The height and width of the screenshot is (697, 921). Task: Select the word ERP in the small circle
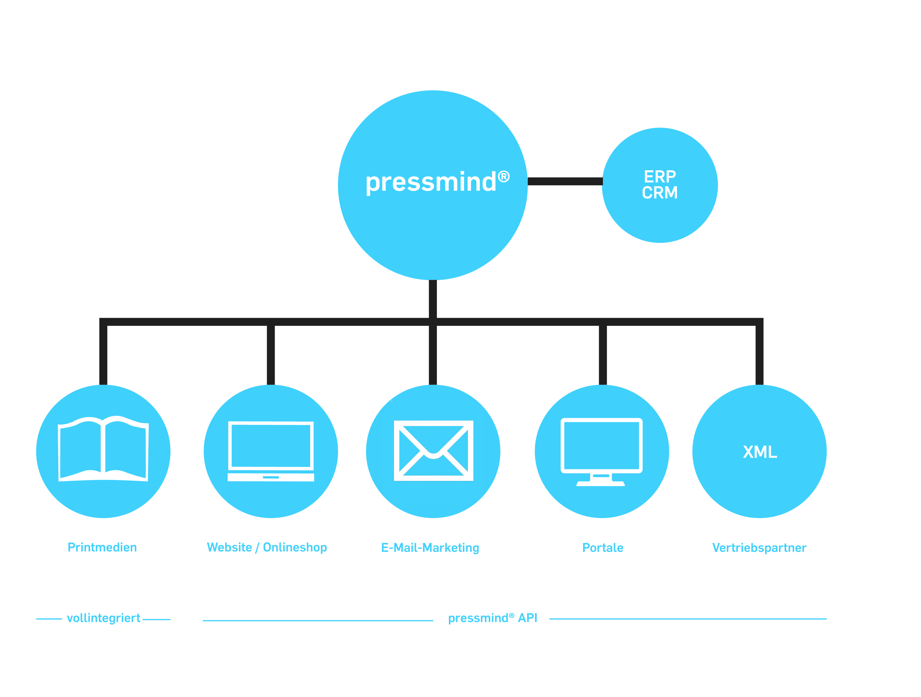660,177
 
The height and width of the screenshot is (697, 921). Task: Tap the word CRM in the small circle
660,193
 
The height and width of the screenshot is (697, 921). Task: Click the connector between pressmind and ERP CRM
565,181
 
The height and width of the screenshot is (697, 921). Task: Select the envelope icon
433,451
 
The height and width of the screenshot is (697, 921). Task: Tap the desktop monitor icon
601,452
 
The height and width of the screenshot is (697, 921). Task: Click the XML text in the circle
760,452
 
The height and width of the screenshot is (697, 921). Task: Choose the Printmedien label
102,548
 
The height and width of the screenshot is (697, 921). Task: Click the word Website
229,548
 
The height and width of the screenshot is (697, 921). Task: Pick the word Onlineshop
295,548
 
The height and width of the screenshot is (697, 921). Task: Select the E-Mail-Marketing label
430,548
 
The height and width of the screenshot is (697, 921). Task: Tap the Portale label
603,548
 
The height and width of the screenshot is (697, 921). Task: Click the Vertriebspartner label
759,548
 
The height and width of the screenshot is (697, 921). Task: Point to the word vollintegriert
104,618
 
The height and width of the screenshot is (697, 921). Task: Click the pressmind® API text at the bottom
493,618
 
